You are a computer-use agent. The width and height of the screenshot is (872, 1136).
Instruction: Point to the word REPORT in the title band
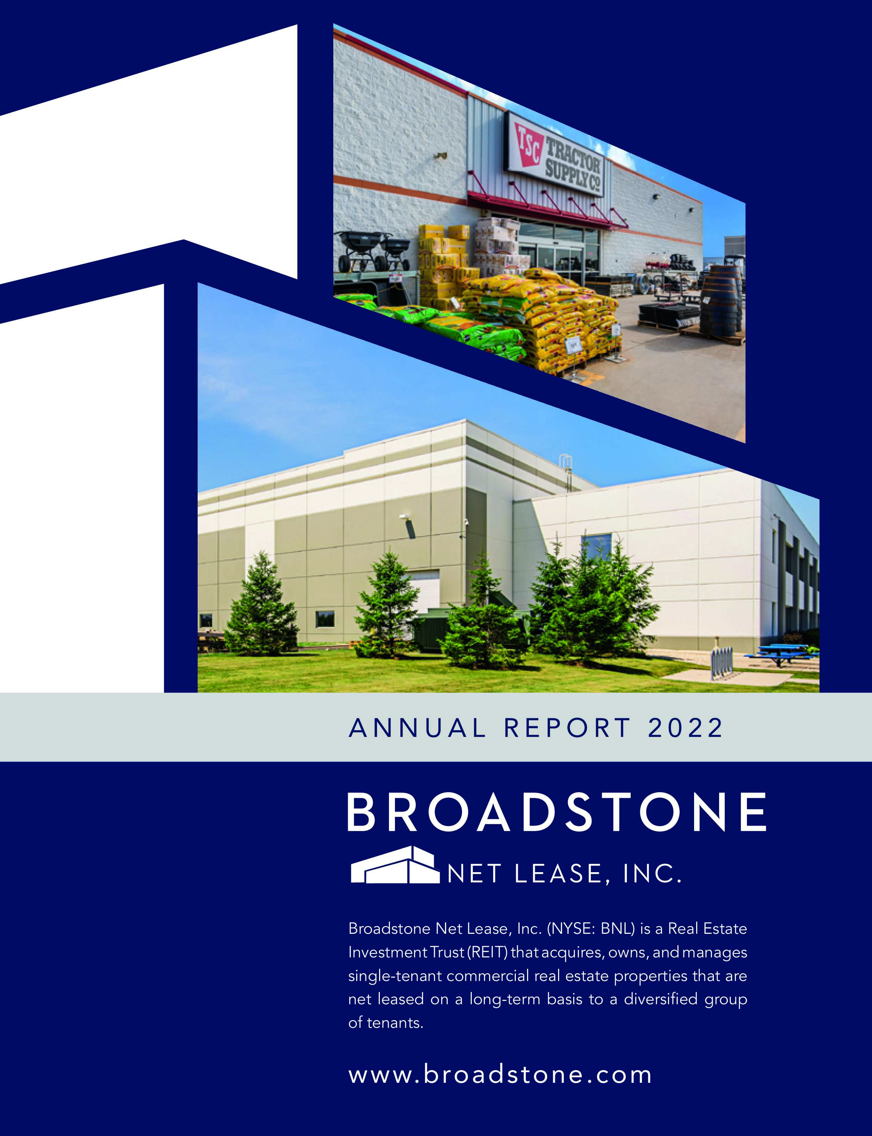567,728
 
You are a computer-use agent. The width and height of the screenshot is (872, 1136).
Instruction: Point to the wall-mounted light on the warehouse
409,525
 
